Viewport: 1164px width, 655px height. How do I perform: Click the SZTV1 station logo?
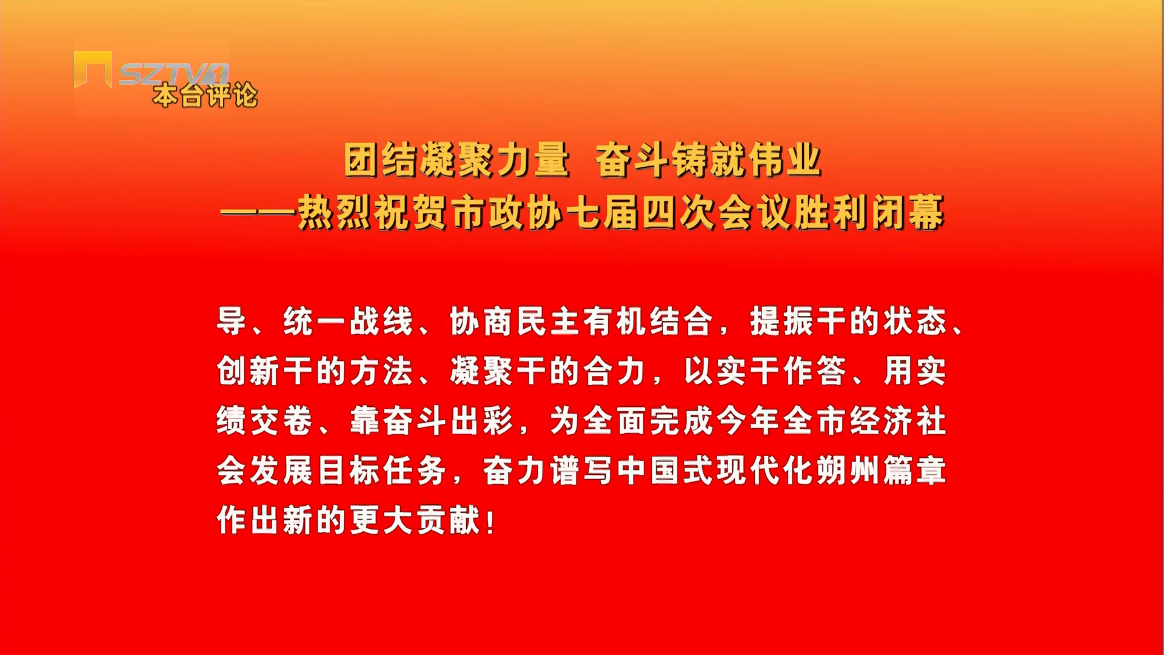click(151, 71)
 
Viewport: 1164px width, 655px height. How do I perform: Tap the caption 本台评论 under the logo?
click(206, 96)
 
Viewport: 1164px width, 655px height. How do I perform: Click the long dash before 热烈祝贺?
click(258, 213)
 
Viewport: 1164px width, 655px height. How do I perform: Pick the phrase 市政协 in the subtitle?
click(506, 213)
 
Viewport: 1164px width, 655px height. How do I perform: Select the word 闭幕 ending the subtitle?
click(908, 213)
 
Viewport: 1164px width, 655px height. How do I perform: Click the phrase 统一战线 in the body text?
click(348, 321)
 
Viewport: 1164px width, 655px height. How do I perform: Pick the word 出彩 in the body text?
click(482, 421)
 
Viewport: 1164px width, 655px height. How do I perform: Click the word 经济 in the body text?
click(882, 421)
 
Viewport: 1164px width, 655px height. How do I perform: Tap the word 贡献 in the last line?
click(449, 520)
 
